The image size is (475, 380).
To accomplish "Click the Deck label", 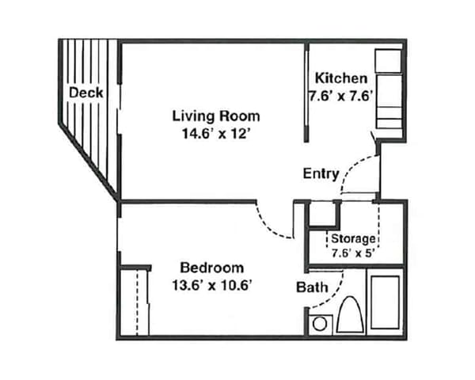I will point(85,93).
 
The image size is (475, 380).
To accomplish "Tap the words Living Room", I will point(216,116).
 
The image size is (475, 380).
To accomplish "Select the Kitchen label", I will point(341,78).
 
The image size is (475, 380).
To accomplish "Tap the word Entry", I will point(321,173).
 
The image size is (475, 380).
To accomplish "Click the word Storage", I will point(353,238).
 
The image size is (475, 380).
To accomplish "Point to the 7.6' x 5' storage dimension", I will point(353,253).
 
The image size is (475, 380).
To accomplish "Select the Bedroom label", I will point(211,268).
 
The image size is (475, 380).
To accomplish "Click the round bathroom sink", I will point(321,324).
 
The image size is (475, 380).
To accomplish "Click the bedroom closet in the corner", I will point(135,302).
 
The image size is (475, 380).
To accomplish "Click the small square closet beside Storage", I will point(322,215).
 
